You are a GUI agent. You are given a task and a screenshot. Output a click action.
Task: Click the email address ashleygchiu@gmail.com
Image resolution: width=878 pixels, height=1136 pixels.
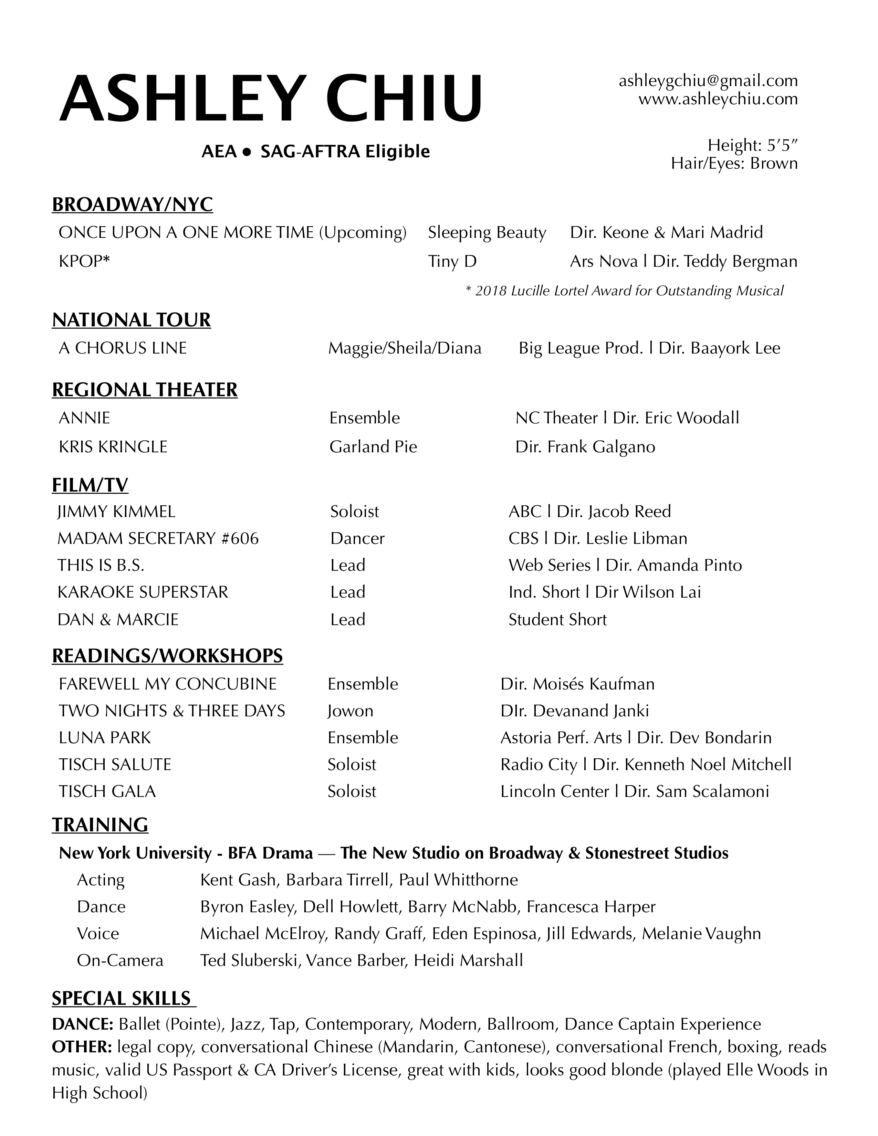[x=708, y=81]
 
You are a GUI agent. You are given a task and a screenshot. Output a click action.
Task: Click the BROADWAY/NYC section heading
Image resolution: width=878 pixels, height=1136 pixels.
[x=132, y=204]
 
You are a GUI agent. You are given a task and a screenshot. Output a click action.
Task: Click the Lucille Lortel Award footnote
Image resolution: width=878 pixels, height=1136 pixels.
[x=624, y=291]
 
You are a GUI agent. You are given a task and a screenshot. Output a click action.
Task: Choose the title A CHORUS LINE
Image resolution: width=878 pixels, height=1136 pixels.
[x=123, y=348]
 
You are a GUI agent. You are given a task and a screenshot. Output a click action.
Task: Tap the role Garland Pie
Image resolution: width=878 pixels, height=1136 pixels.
[x=373, y=447]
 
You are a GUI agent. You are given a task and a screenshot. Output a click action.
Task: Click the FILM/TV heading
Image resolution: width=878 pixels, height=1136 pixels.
[x=90, y=485]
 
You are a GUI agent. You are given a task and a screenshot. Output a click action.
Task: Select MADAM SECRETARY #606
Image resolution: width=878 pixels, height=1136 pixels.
[x=158, y=538]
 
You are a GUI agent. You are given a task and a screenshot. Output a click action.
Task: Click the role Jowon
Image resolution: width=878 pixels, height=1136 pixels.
[x=350, y=711]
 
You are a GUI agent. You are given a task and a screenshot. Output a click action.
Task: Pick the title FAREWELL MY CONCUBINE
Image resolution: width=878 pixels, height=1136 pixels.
[x=167, y=684]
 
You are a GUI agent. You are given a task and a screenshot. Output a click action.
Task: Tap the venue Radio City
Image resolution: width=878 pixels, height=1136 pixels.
[x=539, y=765]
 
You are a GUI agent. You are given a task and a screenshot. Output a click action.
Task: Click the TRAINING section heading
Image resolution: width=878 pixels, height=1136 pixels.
[x=100, y=825]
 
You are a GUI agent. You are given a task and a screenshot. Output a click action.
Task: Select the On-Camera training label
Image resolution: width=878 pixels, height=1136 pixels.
[x=120, y=960]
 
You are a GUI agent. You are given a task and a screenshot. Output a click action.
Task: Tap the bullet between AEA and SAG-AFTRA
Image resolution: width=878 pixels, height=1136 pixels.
[x=248, y=152]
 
